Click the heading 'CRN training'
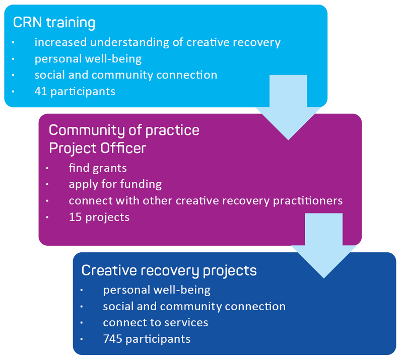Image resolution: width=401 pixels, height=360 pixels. [54, 23]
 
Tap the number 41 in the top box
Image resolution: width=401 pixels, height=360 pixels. [40, 91]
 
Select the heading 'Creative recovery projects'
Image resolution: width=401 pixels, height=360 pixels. [169, 270]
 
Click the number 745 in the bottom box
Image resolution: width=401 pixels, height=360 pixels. [112, 339]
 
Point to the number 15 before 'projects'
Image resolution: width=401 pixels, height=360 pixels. [75, 217]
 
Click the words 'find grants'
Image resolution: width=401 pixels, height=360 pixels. [91, 168]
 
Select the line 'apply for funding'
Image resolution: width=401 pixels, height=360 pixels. [115, 184]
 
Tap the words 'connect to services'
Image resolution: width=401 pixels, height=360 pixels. [155, 322]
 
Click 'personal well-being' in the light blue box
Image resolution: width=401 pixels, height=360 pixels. [88, 59]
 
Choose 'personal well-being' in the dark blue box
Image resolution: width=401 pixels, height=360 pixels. [157, 290]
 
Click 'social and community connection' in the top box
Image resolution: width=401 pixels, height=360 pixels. [126, 75]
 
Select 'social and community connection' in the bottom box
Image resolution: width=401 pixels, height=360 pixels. [194, 306]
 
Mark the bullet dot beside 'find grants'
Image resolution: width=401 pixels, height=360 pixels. [48, 168]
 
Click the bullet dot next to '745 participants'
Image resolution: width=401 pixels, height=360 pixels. [82, 339]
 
